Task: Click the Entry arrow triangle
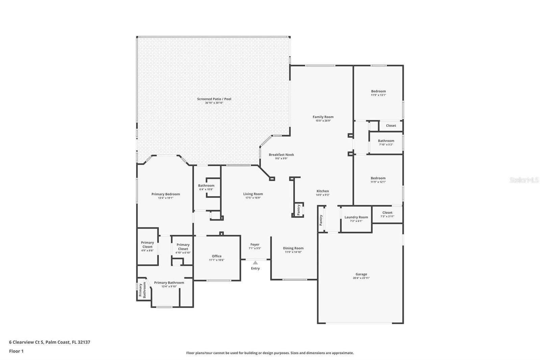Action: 255,263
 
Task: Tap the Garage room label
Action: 361,274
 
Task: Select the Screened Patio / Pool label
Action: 214,99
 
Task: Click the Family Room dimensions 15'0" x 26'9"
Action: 323,121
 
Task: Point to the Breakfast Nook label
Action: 281,155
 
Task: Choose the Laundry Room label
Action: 356,217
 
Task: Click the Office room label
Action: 217,256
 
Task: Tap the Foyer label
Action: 255,245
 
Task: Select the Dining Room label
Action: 293,248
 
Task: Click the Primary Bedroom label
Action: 165,194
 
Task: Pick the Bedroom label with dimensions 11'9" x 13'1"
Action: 378,91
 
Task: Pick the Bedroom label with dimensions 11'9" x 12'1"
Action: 378,178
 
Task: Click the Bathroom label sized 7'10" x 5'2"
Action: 386,141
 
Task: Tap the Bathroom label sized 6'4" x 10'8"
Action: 206,185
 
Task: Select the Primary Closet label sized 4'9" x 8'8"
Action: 147,245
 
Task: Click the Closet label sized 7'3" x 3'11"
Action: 387,212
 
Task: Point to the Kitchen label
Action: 322,191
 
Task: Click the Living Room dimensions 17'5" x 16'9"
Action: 253,198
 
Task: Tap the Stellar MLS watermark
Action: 524,180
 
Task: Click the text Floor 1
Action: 16,351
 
